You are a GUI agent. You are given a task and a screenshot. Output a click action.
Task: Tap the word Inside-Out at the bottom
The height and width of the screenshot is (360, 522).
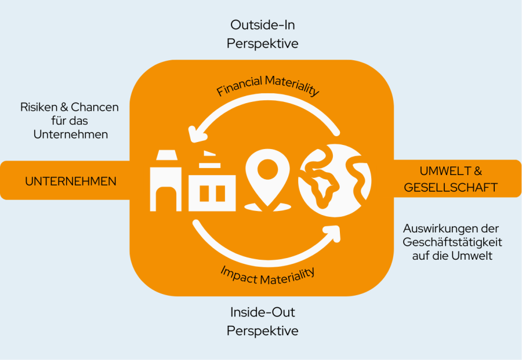pos(262,312)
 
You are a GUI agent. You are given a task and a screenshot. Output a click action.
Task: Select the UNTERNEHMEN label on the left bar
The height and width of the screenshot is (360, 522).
pos(71,181)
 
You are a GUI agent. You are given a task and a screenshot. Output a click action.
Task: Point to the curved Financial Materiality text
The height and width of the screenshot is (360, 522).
pos(268,85)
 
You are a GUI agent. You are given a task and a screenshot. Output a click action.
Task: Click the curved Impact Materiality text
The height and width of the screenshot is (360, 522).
pos(267,275)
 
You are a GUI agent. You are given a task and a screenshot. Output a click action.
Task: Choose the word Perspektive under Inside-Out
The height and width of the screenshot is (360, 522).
pos(262,331)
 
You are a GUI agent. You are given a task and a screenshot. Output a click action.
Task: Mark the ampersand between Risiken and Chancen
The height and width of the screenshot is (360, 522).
pos(64,107)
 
